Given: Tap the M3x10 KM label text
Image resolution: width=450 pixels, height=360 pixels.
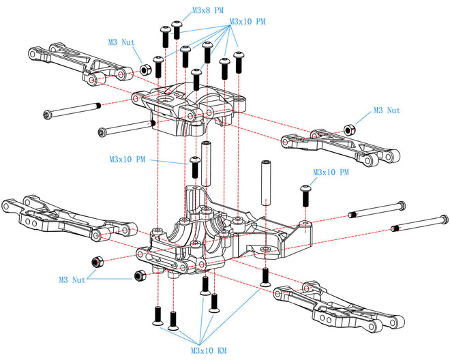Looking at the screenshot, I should point(209,350).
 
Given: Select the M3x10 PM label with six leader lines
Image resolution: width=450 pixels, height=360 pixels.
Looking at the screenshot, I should point(247,22).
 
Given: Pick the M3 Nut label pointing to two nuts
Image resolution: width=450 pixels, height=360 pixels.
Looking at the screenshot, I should point(72,280).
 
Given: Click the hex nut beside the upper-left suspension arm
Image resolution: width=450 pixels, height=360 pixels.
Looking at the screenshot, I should point(145,70).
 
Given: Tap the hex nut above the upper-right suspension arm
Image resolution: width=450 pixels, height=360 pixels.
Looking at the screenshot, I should point(349,129).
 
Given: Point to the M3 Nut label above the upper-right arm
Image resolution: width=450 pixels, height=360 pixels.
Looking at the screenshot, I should point(387,110).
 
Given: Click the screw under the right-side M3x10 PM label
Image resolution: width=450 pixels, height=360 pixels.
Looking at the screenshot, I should point(305,196).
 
